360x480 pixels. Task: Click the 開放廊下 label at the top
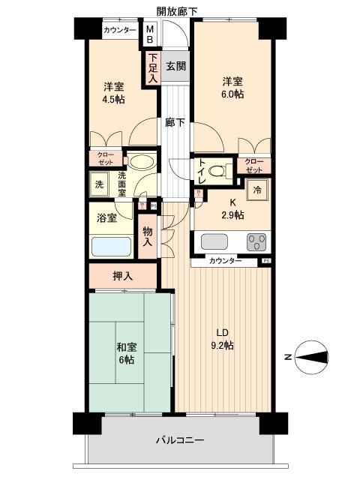tap(177, 10)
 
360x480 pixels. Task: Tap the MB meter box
tap(149, 34)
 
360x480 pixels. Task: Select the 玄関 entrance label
tap(175, 66)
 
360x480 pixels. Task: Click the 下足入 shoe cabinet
tap(152, 67)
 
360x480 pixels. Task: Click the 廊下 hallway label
tap(175, 123)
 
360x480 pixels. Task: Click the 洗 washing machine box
tap(99, 184)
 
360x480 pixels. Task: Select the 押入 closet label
tap(123, 276)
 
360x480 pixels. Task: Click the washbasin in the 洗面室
tap(139, 163)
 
